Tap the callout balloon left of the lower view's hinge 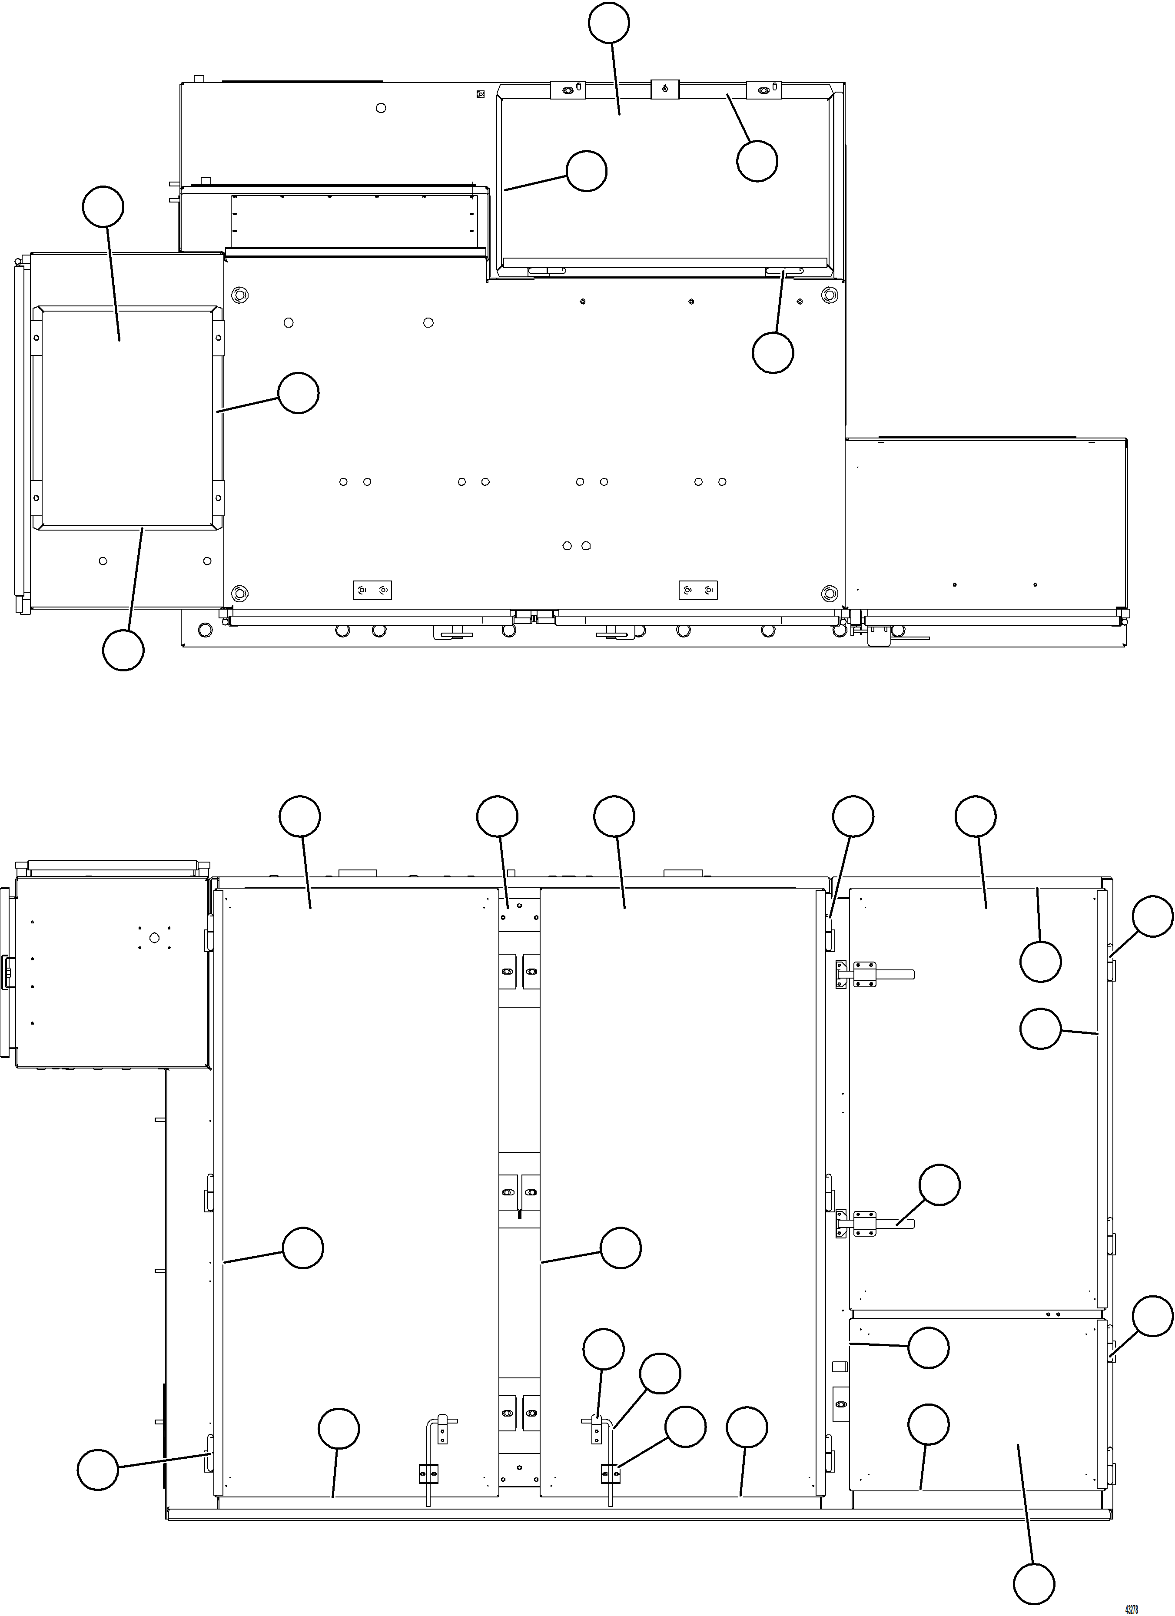click(x=98, y=1469)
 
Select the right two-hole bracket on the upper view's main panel click(x=697, y=590)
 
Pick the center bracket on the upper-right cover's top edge click(x=664, y=89)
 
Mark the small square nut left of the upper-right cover click(x=480, y=93)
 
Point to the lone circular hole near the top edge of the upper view click(x=381, y=108)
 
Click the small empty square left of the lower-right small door click(x=839, y=1366)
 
